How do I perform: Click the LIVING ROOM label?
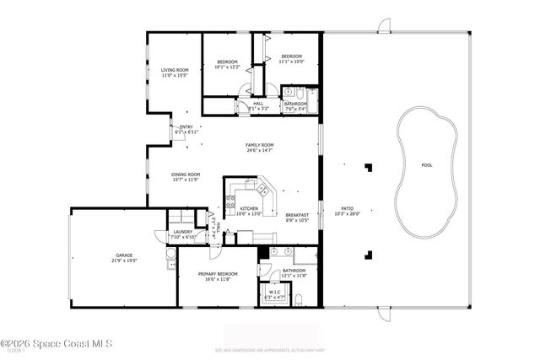click(x=175, y=71)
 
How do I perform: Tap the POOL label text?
click(x=427, y=164)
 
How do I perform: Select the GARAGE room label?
click(x=125, y=255)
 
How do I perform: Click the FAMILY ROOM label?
click(x=259, y=145)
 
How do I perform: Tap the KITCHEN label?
click(x=249, y=208)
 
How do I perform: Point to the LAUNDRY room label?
click(x=183, y=232)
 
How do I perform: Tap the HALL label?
click(x=258, y=104)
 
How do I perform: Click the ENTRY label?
click(x=186, y=127)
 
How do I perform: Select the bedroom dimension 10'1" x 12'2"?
click(x=228, y=67)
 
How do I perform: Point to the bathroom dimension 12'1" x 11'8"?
click(x=294, y=276)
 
